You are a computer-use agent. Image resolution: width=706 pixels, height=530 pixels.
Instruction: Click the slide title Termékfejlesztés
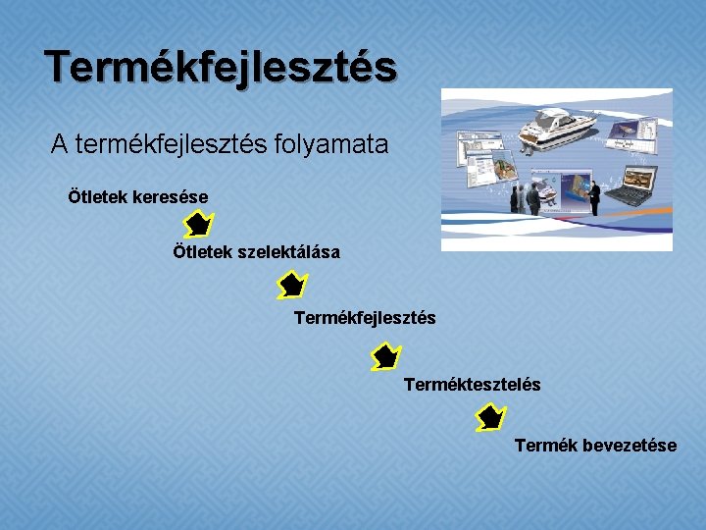point(221,67)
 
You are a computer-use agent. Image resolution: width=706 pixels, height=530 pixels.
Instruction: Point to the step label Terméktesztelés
point(472,385)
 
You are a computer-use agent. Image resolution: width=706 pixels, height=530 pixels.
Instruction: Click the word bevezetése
point(630,446)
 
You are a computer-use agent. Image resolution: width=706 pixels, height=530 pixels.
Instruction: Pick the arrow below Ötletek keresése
point(198,225)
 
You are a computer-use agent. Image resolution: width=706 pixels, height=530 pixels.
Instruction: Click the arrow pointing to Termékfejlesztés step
point(291,287)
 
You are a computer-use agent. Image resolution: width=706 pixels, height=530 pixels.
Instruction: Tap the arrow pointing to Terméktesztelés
point(386,355)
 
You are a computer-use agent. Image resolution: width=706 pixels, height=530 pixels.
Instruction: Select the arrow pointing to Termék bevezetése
point(489,419)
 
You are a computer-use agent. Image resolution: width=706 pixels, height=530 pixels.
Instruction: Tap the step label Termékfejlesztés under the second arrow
point(365,318)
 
